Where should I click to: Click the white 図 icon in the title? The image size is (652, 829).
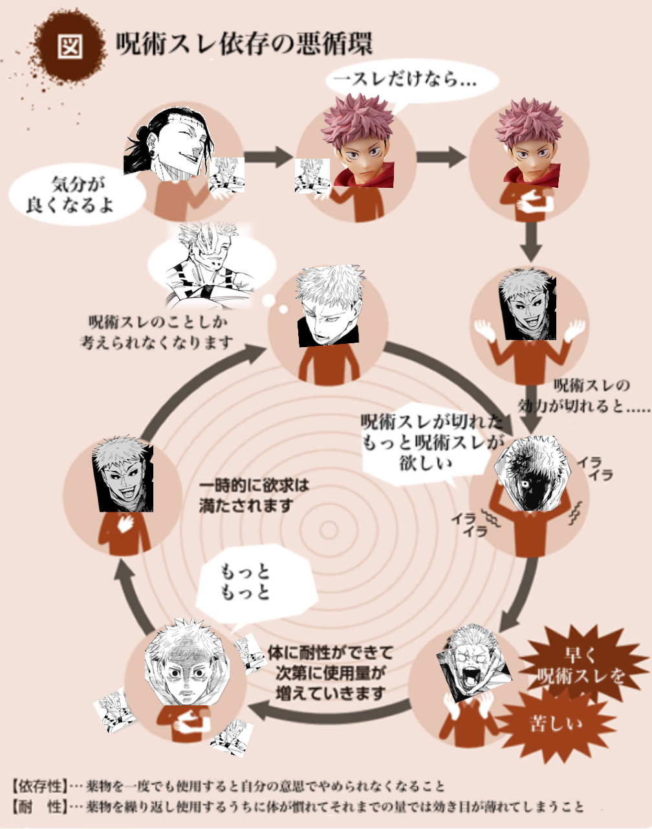[69, 46]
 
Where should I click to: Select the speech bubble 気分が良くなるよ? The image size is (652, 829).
[76, 194]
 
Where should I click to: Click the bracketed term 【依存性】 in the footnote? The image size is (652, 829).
[39, 786]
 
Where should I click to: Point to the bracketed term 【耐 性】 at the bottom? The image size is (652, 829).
[39, 807]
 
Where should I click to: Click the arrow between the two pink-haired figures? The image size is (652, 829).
[440, 157]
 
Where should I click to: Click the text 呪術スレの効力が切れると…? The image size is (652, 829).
[582, 396]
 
